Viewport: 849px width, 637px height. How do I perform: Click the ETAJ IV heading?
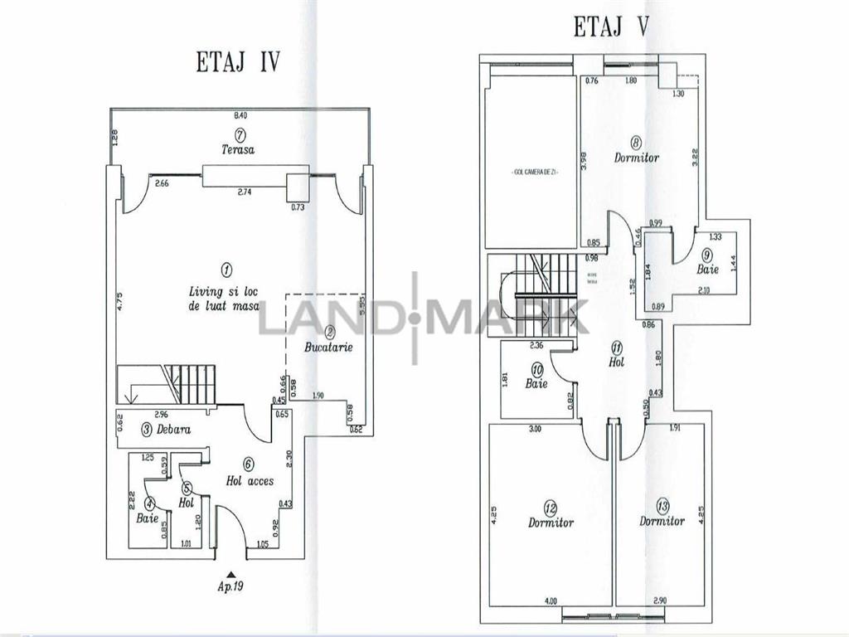(238, 63)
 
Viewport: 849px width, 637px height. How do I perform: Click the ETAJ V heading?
(611, 27)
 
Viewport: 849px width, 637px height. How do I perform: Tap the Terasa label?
(238, 150)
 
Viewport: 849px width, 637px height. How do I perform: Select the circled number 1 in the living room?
(226, 269)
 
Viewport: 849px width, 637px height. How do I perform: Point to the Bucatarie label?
(328, 347)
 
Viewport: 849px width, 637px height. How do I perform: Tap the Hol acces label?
(250, 480)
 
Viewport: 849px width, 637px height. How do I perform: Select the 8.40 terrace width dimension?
(240, 115)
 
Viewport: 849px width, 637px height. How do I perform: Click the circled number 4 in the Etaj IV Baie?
(149, 503)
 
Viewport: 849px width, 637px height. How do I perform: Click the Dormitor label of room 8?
(637, 158)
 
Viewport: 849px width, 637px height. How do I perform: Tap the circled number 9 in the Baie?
(707, 254)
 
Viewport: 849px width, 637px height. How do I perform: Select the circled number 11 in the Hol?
(616, 347)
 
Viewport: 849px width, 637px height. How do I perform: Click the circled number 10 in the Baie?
(537, 370)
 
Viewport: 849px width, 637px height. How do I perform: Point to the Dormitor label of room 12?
(551, 523)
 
